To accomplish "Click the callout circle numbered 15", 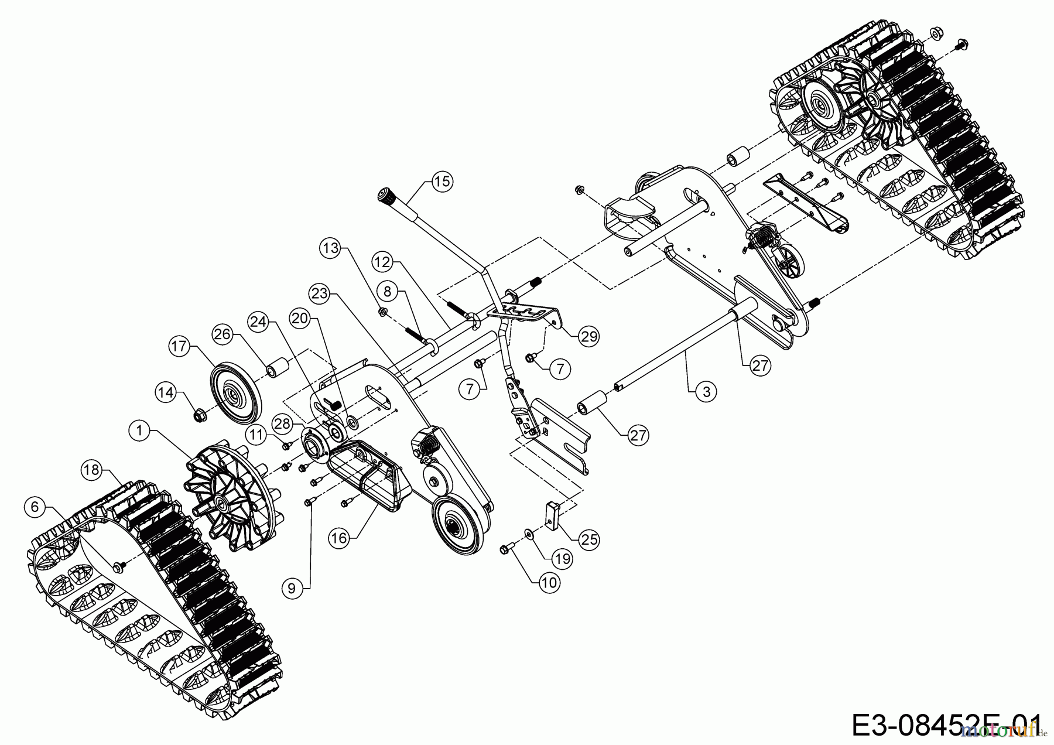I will click(x=443, y=182).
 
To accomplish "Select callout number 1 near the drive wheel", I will click(x=139, y=431).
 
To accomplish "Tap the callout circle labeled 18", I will click(x=91, y=470).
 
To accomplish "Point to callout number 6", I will click(x=35, y=506).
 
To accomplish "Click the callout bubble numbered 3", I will click(x=706, y=391).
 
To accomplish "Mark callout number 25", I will click(x=589, y=539).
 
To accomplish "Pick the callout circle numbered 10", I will click(x=549, y=582).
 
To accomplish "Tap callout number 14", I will click(x=167, y=392).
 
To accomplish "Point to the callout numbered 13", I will click(x=331, y=248).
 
